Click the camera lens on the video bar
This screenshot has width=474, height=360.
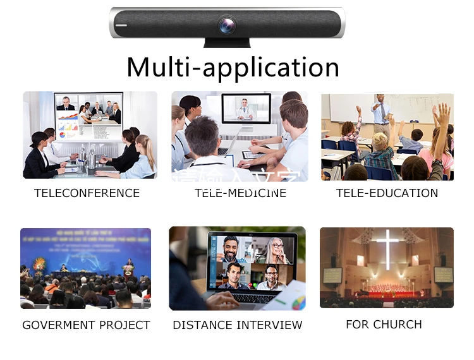tap(226, 26)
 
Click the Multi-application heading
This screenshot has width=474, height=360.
tap(233, 67)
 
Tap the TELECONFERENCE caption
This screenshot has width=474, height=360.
tap(87, 193)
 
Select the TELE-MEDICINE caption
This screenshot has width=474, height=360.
tap(240, 193)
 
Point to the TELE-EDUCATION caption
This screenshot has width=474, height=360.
tap(387, 193)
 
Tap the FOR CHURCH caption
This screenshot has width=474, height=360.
tap(384, 325)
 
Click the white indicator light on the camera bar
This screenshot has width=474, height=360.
tap(121, 26)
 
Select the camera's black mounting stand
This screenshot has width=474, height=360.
tap(227, 42)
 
